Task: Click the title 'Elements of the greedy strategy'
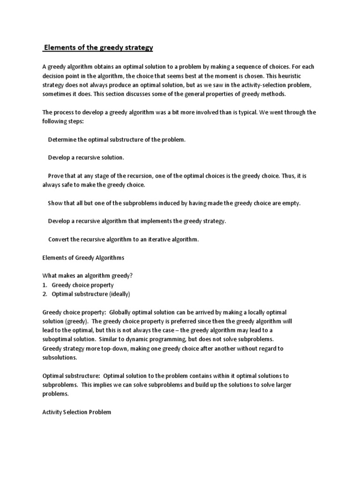click(98, 48)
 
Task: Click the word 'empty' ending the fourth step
click(291, 203)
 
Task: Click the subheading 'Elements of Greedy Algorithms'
click(83, 257)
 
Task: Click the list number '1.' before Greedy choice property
click(45, 285)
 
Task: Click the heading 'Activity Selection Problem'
click(77, 412)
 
